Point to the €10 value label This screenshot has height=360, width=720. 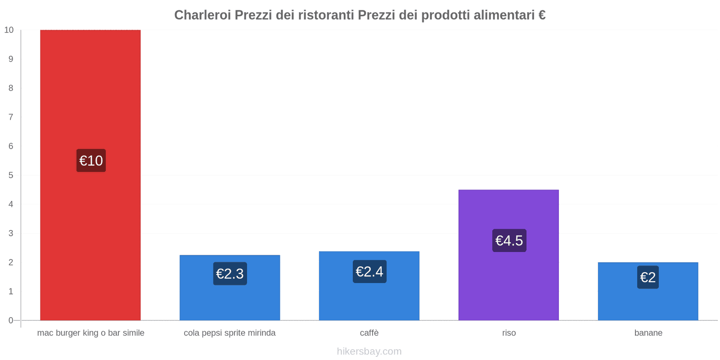(x=91, y=161)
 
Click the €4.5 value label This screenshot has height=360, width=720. (x=509, y=241)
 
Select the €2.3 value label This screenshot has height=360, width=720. (x=230, y=274)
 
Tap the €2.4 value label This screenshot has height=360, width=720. (x=369, y=272)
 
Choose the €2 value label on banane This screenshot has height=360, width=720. (x=648, y=277)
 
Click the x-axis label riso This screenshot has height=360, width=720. (x=509, y=333)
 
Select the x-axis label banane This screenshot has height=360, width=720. (x=648, y=333)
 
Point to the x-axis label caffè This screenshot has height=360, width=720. (x=369, y=333)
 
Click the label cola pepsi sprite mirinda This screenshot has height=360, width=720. (x=229, y=333)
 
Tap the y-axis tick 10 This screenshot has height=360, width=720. (x=9, y=30)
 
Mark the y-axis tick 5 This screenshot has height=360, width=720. (x=11, y=175)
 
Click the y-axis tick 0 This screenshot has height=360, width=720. (x=11, y=320)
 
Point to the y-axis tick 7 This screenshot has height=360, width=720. (x=11, y=117)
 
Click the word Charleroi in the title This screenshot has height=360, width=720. (x=202, y=15)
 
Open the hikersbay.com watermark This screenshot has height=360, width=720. (x=369, y=351)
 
